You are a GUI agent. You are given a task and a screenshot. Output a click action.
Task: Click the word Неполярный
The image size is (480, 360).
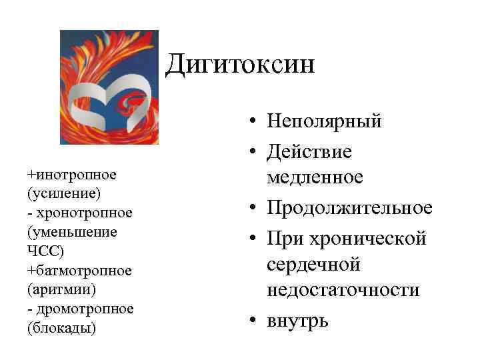pos(324,122)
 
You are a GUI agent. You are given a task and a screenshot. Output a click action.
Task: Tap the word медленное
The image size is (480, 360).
pos(315,177)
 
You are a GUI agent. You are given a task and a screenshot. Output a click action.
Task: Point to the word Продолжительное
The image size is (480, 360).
pos(349,208)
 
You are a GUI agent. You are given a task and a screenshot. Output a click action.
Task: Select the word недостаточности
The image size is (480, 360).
pos(343,290)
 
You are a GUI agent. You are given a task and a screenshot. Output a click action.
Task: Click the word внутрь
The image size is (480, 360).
pos(297,320)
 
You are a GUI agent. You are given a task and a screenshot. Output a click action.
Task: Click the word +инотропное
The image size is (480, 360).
pos(72,175)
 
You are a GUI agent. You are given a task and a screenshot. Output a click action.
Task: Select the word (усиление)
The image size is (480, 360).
pos(64,193)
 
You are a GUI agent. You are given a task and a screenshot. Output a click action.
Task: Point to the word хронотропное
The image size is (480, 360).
pos(84,213)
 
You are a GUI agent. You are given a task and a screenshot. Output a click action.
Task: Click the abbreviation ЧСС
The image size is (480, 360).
pos(45,251)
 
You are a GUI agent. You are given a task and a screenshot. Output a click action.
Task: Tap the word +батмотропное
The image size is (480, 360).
pos(79,271)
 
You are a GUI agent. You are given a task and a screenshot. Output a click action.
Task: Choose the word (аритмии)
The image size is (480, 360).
pos(62,290)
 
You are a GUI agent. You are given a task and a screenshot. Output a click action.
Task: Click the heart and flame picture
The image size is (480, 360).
pos(109,87)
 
